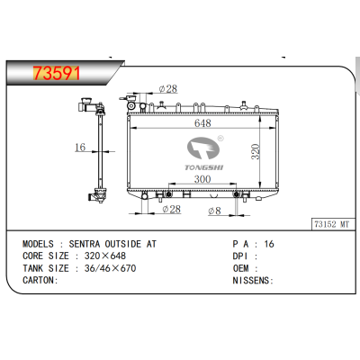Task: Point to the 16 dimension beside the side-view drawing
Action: pyautogui.click(x=79, y=148)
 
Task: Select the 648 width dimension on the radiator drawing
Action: pyautogui.click(x=206, y=124)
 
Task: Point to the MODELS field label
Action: pyautogui.click(x=40, y=244)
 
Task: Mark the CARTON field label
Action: pyautogui.click(x=40, y=280)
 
